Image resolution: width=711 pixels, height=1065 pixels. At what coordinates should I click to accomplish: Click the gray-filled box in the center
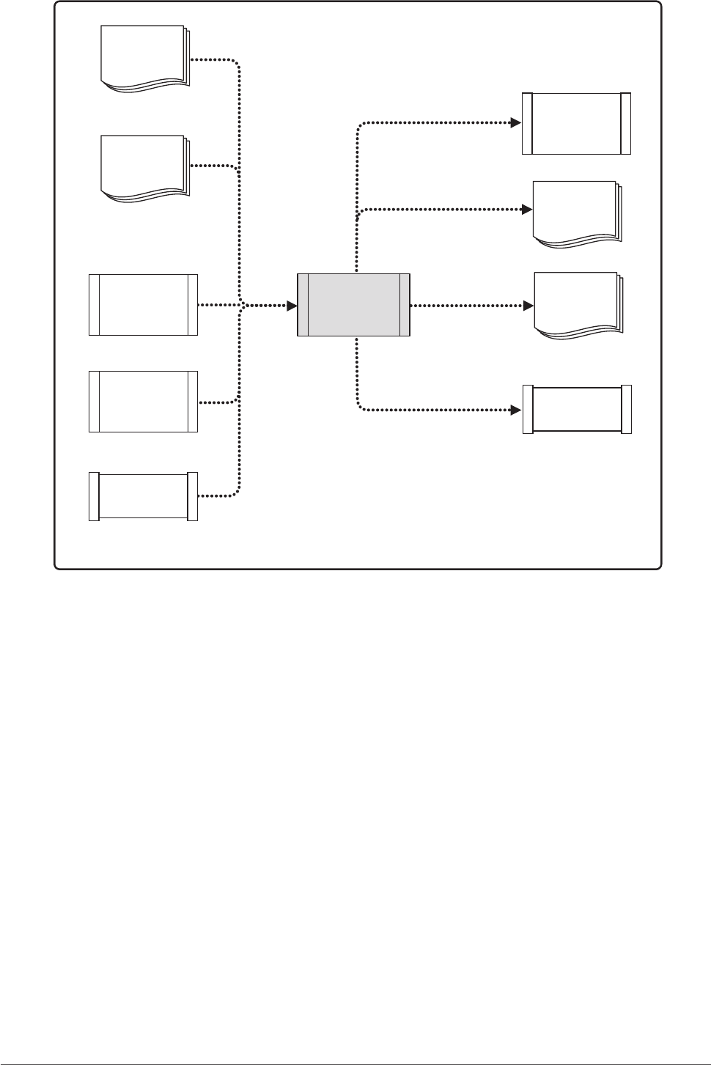point(353,305)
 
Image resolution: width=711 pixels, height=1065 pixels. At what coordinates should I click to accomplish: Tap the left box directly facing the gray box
point(143,304)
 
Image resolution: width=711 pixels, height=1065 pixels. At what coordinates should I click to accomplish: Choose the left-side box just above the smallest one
point(143,402)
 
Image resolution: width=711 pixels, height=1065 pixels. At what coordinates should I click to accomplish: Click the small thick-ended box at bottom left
point(143,497)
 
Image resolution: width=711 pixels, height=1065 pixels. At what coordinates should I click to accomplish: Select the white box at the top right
point(576,123)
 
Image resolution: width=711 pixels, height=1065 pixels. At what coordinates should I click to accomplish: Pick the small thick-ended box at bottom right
point(577,410)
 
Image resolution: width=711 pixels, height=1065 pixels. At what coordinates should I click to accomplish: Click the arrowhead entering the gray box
point(292,305)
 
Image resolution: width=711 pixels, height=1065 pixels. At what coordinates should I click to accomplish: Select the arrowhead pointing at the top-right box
point(516,123)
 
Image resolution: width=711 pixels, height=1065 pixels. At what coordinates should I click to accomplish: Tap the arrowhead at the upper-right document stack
point(527,210)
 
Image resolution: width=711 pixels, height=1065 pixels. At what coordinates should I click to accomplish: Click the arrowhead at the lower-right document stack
point(527,305)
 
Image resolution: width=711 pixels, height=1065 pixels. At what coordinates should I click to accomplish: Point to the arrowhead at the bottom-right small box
point(516,410)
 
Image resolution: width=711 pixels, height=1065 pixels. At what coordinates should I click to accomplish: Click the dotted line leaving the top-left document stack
point(213,59)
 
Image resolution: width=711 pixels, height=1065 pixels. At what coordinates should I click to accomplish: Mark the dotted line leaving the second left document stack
point(213,166)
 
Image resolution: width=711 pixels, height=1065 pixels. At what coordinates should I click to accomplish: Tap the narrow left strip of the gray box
point(303,305)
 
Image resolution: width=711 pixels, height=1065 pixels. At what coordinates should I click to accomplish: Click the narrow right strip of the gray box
point(404,305)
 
